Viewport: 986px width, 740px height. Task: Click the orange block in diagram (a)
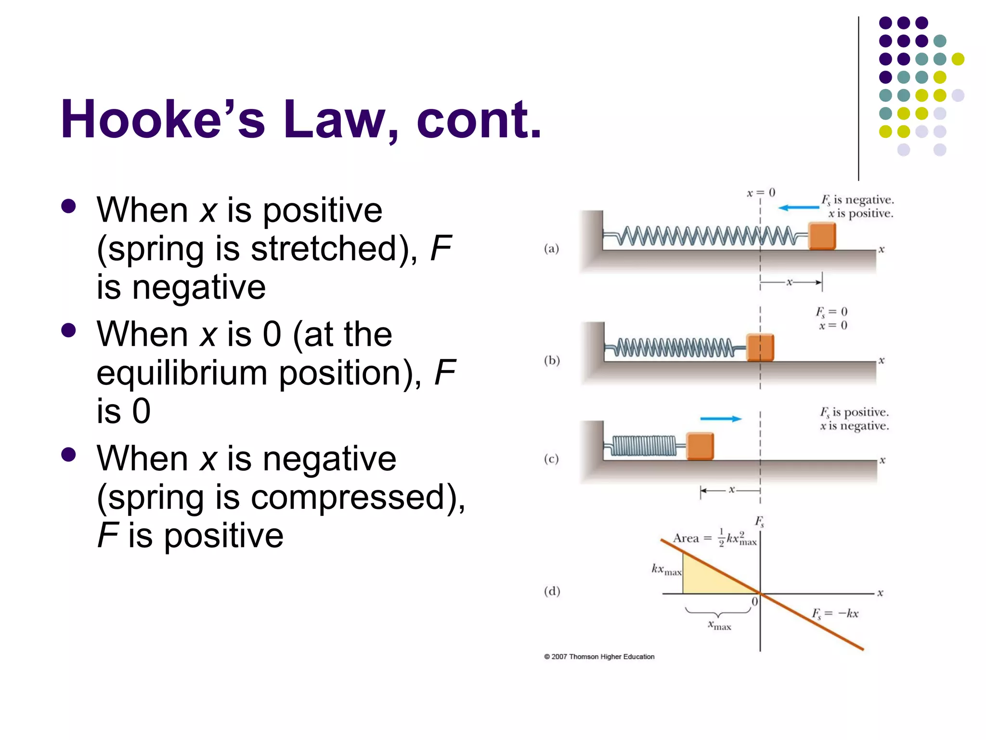point(822,236)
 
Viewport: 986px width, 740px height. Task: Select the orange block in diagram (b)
point(760,347)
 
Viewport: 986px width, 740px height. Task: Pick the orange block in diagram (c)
point(700,446)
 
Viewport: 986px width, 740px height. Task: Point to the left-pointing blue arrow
point(799,208)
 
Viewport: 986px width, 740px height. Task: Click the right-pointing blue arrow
point(721,419)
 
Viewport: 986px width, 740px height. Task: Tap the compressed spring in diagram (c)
point(644,446)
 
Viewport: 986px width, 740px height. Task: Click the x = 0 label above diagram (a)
point(761,193)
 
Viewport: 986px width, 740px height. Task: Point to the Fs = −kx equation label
point(835,614)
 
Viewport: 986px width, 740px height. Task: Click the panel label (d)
point(552,591)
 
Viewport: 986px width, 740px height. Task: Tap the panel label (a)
point(552,249)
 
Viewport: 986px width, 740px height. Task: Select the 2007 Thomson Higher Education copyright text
point(599,657)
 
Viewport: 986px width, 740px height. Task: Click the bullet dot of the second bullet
point(69,330)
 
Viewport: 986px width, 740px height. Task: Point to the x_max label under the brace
point(719,625)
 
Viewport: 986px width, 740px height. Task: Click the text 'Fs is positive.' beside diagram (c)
point(855,412)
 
